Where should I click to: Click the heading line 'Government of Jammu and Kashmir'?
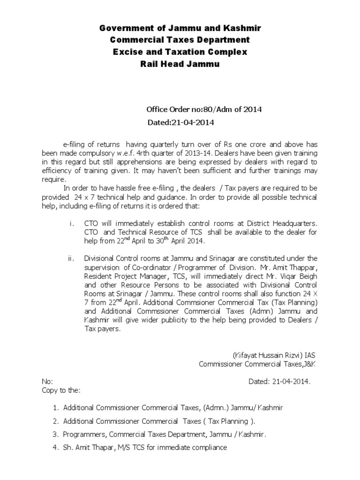point(180,29)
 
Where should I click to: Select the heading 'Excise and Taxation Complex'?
point(180,52)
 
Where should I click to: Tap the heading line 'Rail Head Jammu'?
point(180,64)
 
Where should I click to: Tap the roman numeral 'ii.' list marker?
point(71,258)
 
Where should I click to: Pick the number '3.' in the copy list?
point(55,435)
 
